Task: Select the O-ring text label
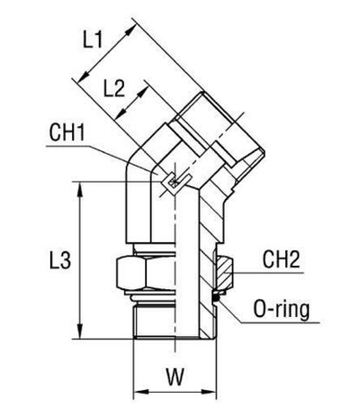pyautogui.click(x=280, y=312)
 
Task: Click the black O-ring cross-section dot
pyautogui.click(x=218, y=291)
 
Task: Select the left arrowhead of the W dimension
pyautogui.click(x=138, y=394)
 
